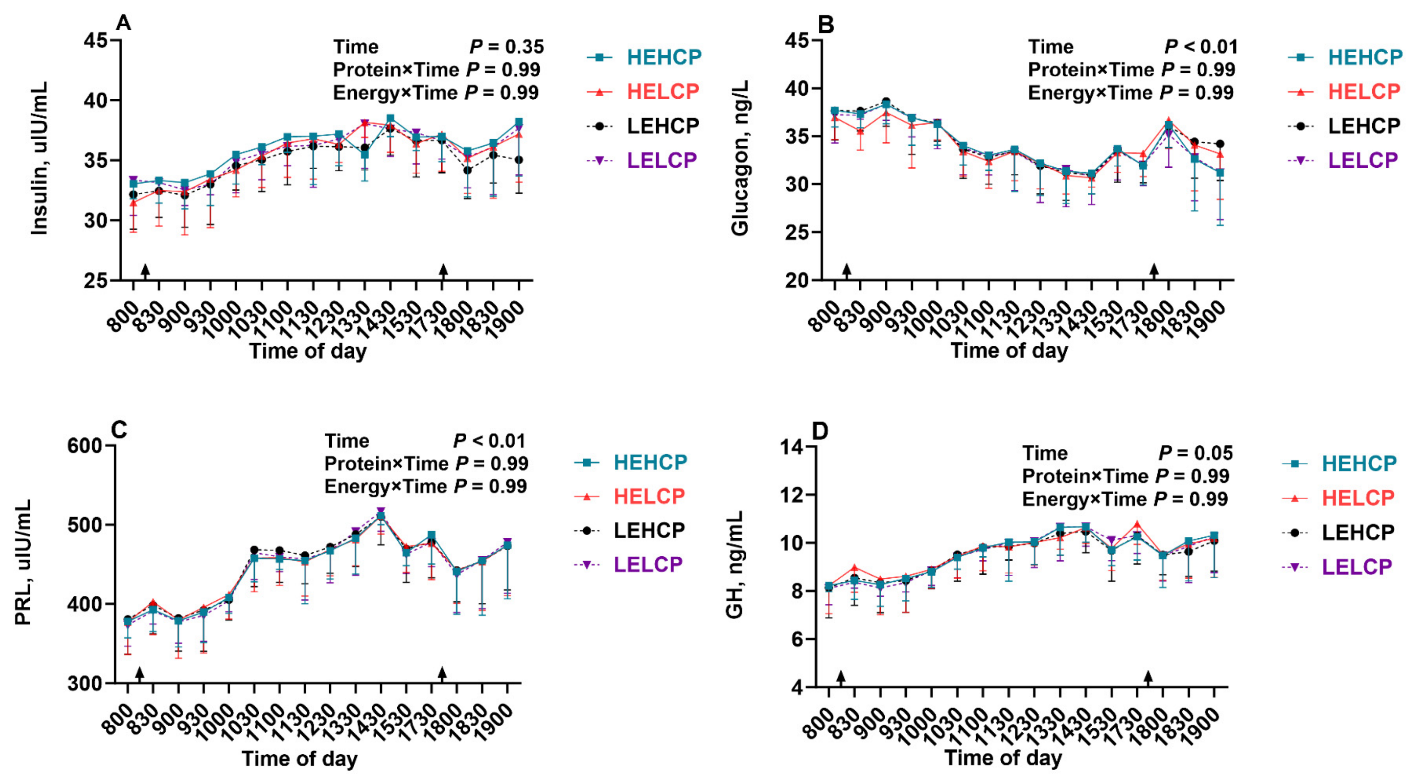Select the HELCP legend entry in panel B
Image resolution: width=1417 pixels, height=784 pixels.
pos(1345,91)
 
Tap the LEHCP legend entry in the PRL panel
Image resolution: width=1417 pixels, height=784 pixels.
pos(630,530)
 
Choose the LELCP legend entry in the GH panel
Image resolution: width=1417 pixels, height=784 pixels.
pos(1337,566)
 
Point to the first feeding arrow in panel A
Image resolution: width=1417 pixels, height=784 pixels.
pos(145,270)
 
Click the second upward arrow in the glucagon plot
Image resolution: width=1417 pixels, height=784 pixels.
pos(1154,270)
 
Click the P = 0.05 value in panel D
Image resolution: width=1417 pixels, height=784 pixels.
pos(1196,453)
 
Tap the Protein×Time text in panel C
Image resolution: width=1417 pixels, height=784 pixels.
pos(385,464)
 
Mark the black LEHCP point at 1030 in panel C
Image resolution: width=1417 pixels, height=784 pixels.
pos(254,550)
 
